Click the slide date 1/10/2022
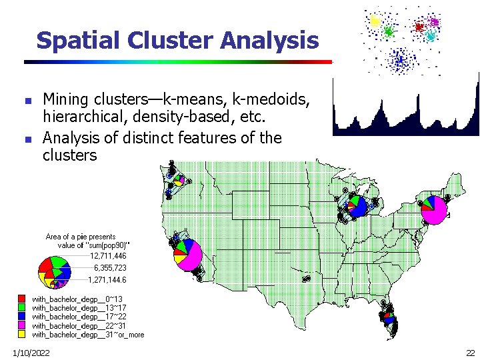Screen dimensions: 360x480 29,351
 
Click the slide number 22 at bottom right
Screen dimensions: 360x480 470,351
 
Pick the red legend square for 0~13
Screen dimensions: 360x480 22,299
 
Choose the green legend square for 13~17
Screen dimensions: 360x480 22,308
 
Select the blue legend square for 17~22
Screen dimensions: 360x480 22,317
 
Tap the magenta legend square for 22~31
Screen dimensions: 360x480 22,326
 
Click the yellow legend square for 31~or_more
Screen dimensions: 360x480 22,335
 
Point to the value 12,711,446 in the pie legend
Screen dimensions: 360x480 107,256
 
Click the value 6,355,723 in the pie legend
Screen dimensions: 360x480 109,267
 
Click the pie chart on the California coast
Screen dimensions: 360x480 187,255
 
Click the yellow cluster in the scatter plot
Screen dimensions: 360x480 375,21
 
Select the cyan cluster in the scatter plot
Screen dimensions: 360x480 430,35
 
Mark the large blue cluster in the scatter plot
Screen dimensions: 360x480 399,60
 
